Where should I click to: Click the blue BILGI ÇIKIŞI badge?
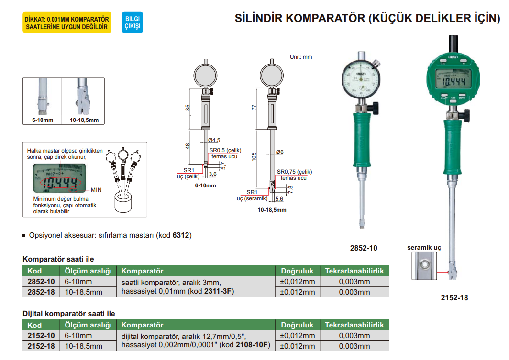coord(132,22)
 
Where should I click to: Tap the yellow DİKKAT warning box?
coord(67,22)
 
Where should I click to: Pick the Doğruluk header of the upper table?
coord(297,271)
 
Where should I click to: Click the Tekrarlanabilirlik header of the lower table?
coord(354,325)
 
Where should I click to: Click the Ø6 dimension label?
coord(280,152)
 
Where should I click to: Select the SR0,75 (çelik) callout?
coord(294,172)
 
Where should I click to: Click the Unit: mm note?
coord(301,57)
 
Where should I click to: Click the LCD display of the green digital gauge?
coord(454,82)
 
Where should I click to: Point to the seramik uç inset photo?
coord(424,265)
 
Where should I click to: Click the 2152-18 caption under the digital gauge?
coord(454,298)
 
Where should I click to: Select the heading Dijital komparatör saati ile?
coord(69,314)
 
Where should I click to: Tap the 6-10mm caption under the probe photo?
coord(42,120)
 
